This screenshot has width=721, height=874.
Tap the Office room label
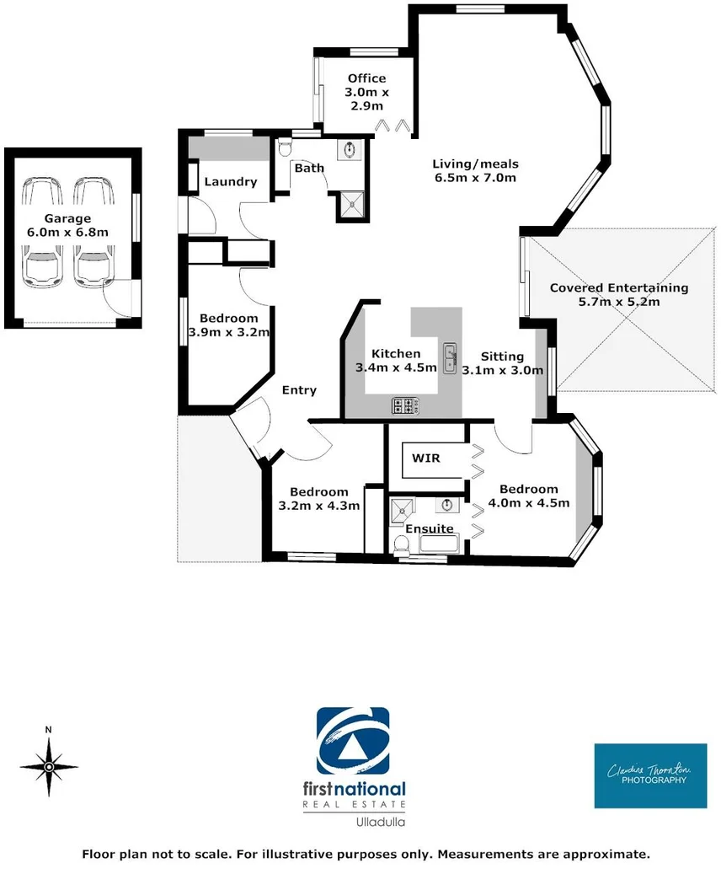click(x=366, y=79)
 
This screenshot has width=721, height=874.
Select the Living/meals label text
click(x=476, y=164)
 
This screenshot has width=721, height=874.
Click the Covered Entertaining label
click(x=619, y=287)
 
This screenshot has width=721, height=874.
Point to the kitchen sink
click(x=451, y=352)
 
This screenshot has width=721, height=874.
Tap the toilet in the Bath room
click(x=285, y=149)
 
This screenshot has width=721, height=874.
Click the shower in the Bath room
click(x=348, y=203)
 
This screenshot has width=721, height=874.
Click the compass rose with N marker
click(x=49, y=765)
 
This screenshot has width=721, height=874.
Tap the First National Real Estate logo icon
click(x=353, y=743)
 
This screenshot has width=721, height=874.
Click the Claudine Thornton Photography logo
click(x=650, y=775)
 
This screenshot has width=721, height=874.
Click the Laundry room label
click(x=231, y=181)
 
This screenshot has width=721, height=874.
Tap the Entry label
click(x=299, y=389)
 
